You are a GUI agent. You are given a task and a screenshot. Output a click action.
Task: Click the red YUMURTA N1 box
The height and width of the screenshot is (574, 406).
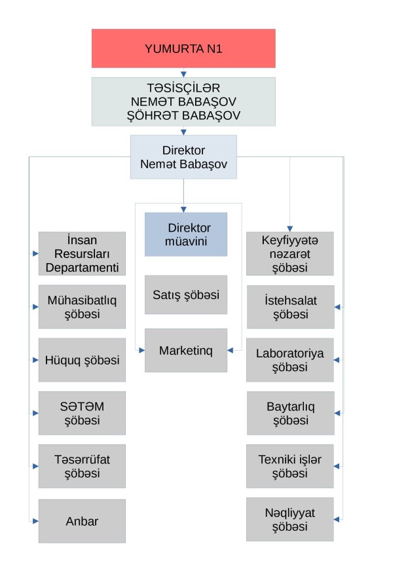point(183,48)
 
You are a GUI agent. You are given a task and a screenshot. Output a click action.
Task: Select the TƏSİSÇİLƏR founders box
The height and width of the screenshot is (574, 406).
point(183,101)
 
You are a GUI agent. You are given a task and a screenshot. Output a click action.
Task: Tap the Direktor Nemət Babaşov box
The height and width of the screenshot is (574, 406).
point(183,157)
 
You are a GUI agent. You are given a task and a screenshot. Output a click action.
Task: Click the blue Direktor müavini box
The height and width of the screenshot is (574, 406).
point(186,234)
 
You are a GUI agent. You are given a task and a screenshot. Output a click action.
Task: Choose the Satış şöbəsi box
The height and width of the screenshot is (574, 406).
point(186,295)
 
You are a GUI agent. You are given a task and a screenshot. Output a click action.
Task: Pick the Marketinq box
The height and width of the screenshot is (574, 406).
point(186,350)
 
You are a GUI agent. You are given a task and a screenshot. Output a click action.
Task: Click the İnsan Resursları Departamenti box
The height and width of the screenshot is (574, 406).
point(82,253)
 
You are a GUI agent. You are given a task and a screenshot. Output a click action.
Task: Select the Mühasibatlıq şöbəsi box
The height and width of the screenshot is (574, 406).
point(82,307)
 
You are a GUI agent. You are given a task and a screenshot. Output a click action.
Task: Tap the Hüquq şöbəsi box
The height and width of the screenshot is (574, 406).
point(82,360)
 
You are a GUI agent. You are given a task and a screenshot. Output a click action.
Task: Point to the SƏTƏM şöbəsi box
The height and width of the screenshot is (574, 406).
point(82,413)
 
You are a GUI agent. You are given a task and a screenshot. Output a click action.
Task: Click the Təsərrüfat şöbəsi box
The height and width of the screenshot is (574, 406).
point(82,466)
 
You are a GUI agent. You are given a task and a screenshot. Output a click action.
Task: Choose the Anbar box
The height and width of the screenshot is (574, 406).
point(82,521)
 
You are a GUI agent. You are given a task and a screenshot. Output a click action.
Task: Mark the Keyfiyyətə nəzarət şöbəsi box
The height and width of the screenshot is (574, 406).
point(289,253)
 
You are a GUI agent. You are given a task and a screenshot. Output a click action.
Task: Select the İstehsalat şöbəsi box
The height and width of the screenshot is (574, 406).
point(289,307)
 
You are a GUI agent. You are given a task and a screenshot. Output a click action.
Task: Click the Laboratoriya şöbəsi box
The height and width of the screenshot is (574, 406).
point(289,360)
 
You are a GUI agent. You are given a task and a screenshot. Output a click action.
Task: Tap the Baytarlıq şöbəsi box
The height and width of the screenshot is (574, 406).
point(289,413)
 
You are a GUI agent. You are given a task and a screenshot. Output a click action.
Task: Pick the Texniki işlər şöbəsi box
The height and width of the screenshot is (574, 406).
point(289,466)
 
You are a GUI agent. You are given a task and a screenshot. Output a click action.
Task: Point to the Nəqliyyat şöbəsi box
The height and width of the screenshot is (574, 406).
point(289,520)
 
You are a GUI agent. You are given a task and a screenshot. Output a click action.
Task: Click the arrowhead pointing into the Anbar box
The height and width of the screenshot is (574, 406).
point(35,521)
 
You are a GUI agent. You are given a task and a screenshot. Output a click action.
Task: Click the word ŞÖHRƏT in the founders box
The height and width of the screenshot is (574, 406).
point(155,115)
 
